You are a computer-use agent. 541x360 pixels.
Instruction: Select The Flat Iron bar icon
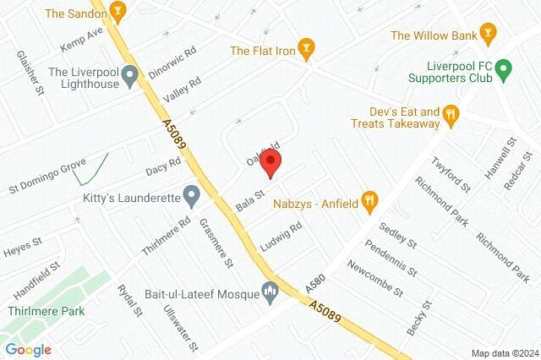pyautogui.click(x=307, y=48)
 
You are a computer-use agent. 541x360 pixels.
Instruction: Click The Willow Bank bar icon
pyautogui.click(x=487, y=35)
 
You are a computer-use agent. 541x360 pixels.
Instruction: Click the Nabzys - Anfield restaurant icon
pyautogui.click(x=369, y=200)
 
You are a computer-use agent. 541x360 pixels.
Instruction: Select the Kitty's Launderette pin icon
pyautogui.click(x=192, y=198)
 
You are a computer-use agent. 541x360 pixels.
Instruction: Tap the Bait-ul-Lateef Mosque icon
pyautogui.click(x=271, y=292)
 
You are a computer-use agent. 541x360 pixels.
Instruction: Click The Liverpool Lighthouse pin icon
pyautogui.click(x=129, y=79)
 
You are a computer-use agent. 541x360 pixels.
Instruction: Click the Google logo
pyautogui.click(x=28, y=349)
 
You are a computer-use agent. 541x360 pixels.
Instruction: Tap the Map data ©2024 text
pyautogui.click(x=504, y=353)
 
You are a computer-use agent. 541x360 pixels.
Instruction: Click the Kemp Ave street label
pyautogui.click(x=81, y=38)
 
